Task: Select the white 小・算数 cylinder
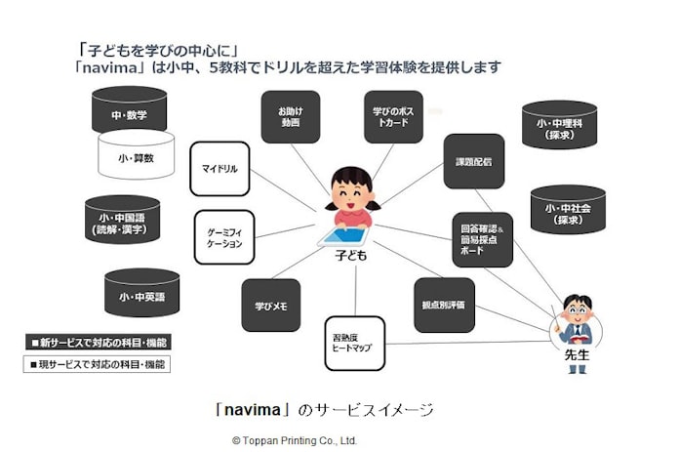click(136, 155)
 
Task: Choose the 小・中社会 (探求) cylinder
click(569, 214)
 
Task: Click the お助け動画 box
click(290, 117)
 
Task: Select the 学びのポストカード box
click(393, 117)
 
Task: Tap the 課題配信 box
click(474, 161)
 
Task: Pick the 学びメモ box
click(270, 305)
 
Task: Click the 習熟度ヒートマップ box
click(355, 343)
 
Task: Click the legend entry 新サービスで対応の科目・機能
click(96, 343)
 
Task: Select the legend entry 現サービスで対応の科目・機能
click(96, 364)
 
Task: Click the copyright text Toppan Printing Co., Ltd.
click(295, 440)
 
